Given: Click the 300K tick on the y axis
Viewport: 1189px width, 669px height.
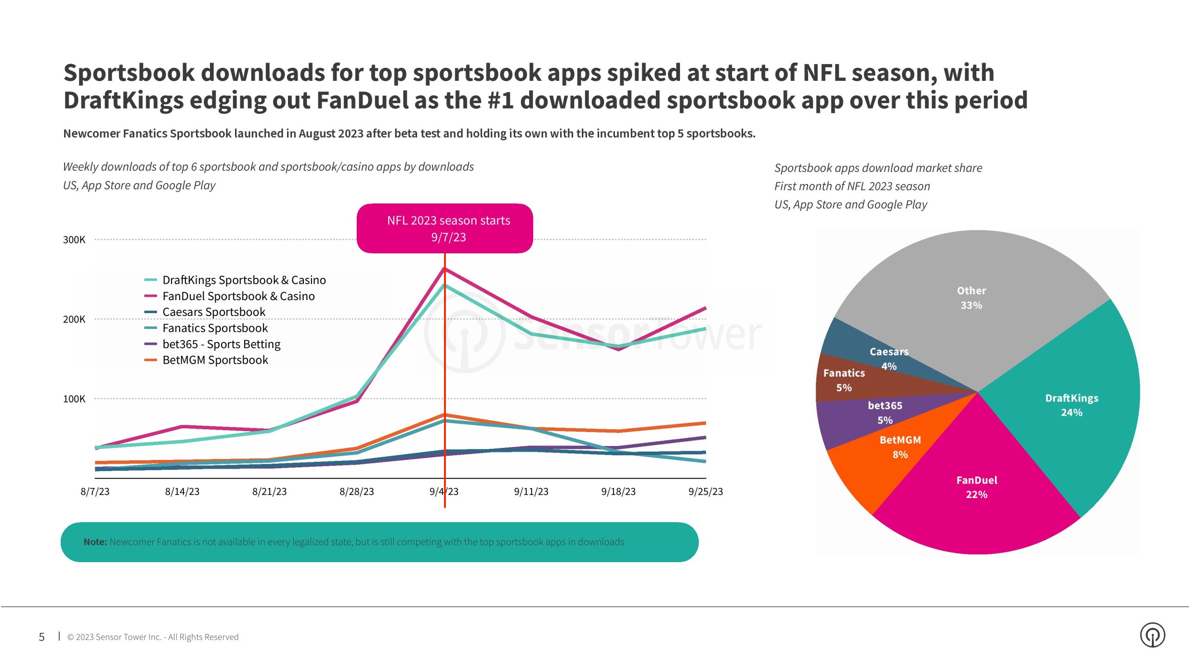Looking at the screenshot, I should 74,240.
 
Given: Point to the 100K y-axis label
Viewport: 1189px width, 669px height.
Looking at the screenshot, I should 74,399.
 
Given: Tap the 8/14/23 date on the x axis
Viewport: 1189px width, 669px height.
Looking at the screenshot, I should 182,492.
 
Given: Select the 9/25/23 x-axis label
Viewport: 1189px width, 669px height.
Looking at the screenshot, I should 706,492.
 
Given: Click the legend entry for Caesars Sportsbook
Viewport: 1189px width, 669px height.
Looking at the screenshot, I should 214,312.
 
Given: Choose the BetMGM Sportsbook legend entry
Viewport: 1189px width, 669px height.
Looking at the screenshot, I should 215,360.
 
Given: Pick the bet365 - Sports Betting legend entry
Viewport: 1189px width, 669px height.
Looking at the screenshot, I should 221,344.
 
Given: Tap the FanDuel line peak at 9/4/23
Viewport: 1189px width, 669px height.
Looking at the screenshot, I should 444,269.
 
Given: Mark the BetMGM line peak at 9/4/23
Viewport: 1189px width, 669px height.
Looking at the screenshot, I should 444,414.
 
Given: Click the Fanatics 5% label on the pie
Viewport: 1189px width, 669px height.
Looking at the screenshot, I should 844,380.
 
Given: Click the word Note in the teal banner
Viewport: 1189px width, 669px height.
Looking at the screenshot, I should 95,542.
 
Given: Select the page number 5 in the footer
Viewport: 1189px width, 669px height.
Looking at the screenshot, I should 42,637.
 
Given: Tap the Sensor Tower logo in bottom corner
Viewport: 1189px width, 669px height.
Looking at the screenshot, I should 1152,635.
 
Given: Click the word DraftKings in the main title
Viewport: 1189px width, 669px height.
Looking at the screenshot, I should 124,100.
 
